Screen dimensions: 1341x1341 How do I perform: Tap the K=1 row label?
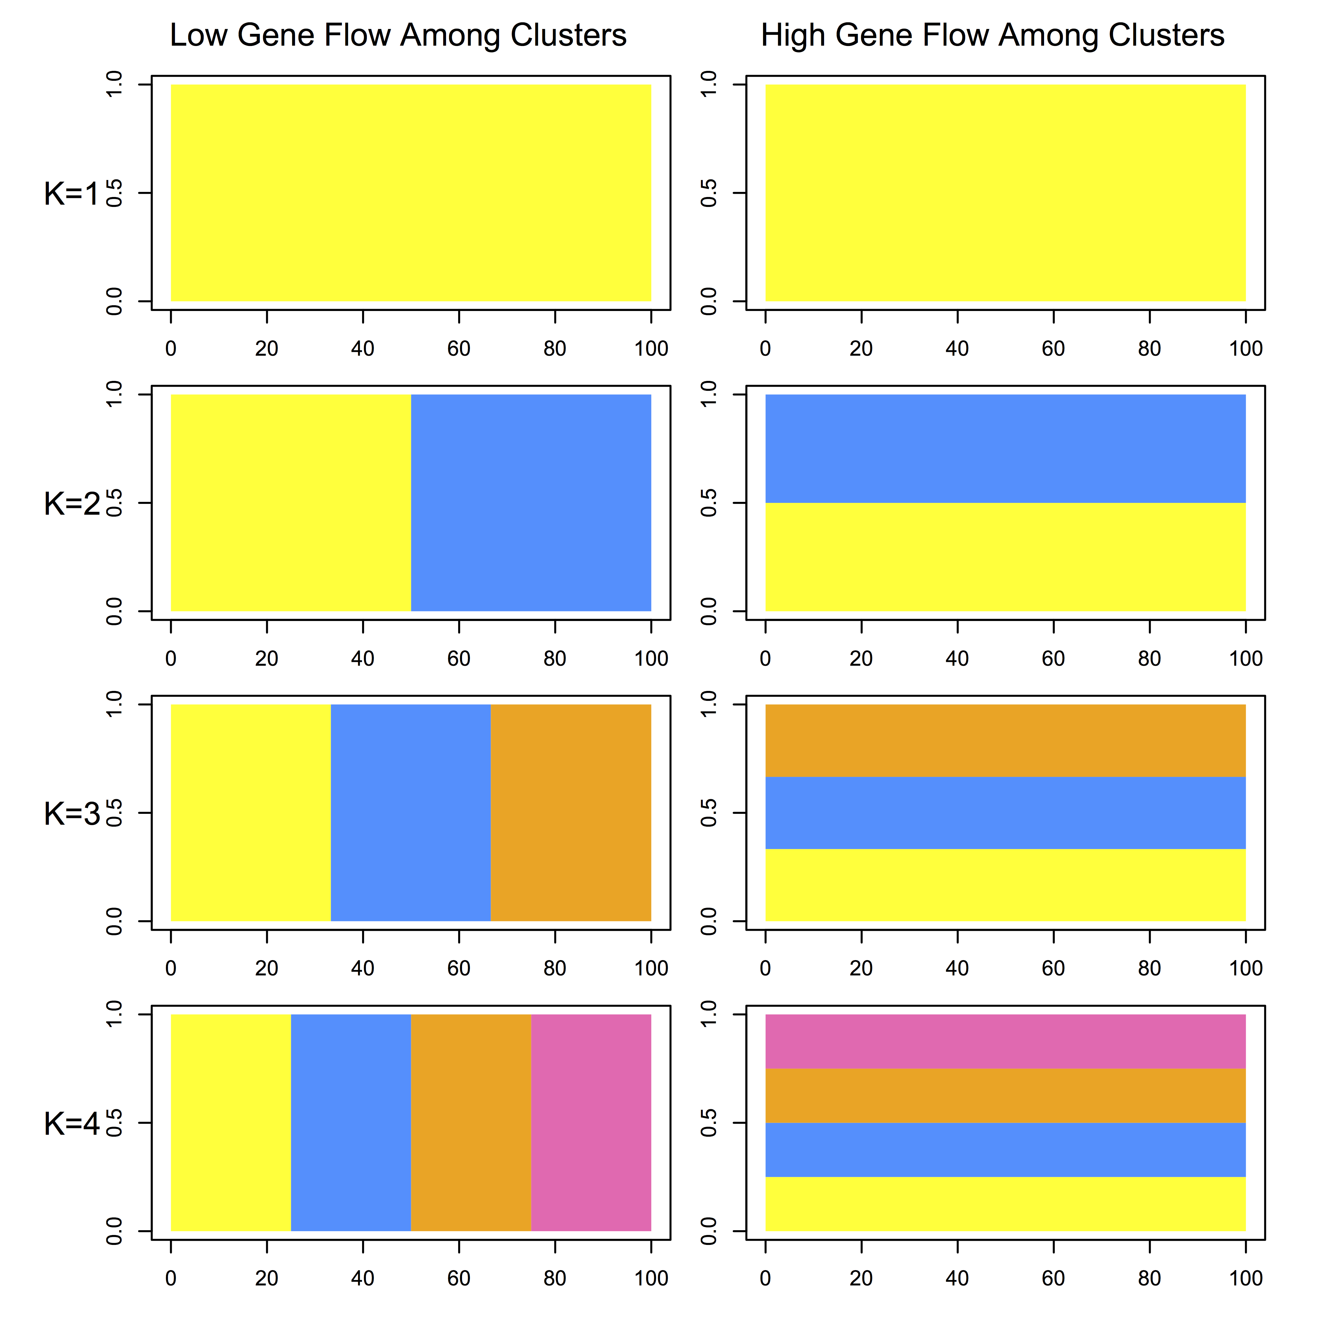point(72,194)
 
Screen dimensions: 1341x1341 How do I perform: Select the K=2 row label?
point(72,504)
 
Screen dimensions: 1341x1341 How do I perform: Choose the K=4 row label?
point(72,1124)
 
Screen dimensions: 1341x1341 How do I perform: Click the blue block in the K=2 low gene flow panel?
point(531,503)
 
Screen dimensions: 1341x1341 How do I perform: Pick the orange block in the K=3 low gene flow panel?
point(571,813)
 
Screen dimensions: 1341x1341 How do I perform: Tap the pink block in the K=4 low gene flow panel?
point(591,1122)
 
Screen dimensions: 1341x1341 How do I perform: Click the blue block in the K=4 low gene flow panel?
point(351,1122)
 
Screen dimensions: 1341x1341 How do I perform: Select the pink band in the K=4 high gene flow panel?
point(1005,1041)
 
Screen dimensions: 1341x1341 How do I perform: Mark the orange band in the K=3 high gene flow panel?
point(1005,741)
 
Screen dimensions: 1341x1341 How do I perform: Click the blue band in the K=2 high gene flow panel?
point(1005,448)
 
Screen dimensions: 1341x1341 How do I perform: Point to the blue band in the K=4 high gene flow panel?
point(1005,1149)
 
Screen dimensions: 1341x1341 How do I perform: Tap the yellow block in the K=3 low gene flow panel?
point(251,813)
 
